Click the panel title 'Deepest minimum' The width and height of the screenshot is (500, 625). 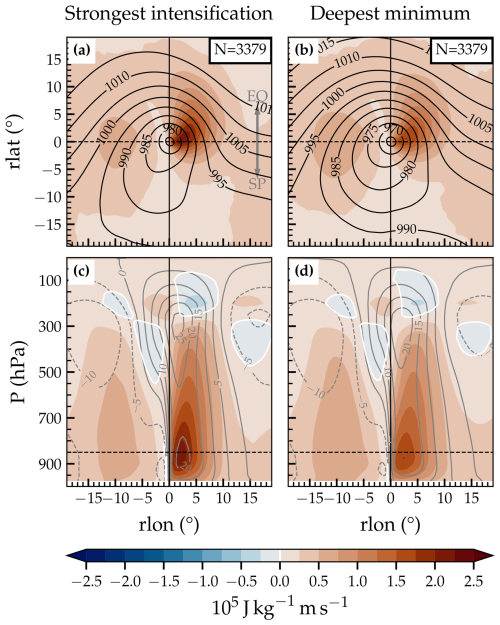coord(390,16)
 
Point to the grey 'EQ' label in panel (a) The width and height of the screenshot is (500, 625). coord(258,96)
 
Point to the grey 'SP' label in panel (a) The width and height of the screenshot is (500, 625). coord(258,184)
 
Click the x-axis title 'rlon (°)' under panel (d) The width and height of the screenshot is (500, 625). coord(390,529)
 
